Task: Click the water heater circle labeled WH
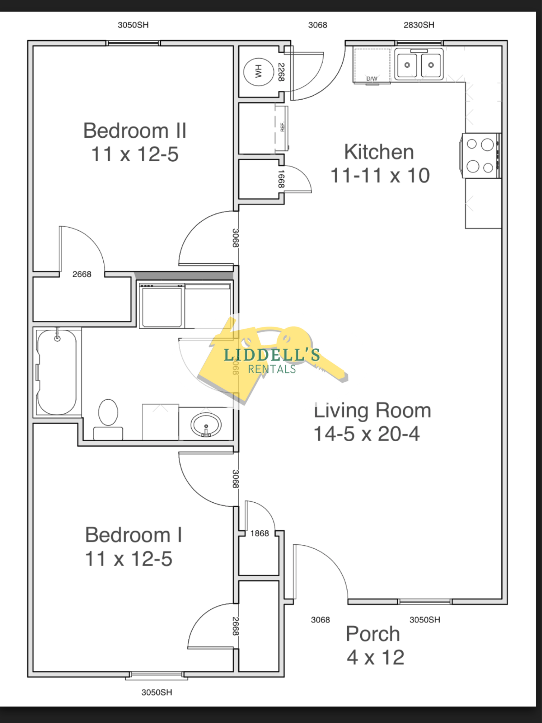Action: [259, 72]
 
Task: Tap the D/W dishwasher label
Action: [372, 78]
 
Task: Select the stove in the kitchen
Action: [481, 156]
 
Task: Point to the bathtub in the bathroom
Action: [56, 372]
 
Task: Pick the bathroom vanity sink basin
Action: [206, 425]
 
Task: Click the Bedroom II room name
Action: [135, 131]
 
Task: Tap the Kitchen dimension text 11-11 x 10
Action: [380, 175]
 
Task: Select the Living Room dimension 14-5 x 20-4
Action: [367, 434]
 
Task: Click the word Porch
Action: [373, 634]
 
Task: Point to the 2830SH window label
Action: [419, 25]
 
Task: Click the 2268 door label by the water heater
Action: [281, 72]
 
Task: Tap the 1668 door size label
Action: [281, 179]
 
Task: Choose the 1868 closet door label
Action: [260, 533]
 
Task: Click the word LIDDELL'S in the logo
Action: [272, 355]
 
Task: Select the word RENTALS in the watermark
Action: [272, 369]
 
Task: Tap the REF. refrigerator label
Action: [282, 127]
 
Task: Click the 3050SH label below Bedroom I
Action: [157, 692]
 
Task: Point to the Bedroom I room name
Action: [134, 535]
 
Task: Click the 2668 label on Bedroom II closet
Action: [82, 274]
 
